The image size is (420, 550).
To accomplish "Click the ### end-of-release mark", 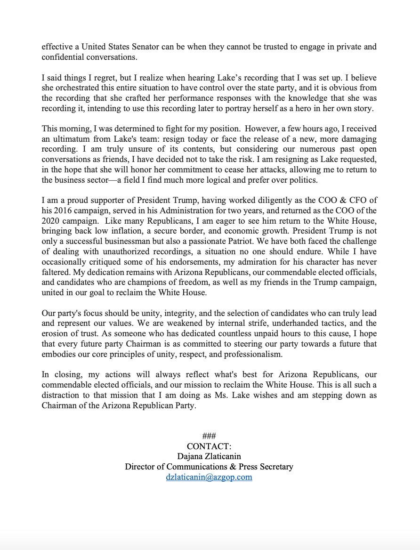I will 209,436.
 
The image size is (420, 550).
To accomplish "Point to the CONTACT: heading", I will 209,446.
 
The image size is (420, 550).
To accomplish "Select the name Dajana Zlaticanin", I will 209,456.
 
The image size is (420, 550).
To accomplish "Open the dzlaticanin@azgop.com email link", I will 209,477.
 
